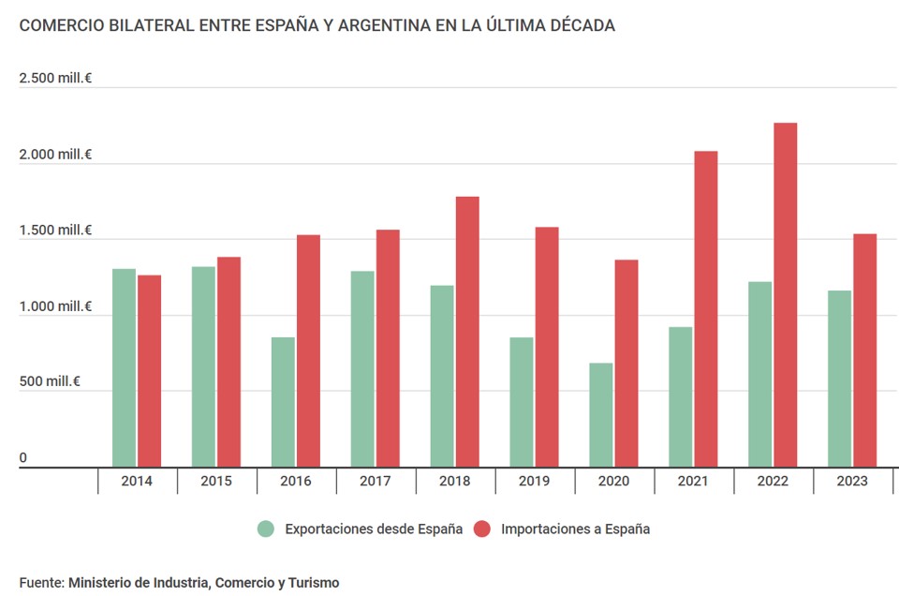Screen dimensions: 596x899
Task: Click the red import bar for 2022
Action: point(785,294)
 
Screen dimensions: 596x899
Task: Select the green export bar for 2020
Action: point(601,414)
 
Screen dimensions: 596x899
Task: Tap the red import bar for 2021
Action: point(705,308)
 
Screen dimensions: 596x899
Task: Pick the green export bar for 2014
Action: point(124,367)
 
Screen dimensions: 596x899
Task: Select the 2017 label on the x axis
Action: point(376,481)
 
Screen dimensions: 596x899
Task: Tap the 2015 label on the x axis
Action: point(216,481)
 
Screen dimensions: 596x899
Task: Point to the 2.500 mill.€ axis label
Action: point(55,78)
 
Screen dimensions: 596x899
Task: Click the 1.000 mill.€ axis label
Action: point(55,306)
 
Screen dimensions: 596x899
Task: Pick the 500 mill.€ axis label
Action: point(50,382)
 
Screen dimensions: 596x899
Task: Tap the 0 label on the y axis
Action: point(23,458)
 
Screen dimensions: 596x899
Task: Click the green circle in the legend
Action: point(267,529)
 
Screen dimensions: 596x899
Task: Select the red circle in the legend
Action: point(482,529)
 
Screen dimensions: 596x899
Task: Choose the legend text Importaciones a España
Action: point(575,529)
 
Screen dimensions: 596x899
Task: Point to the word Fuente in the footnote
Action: point(40,583)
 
